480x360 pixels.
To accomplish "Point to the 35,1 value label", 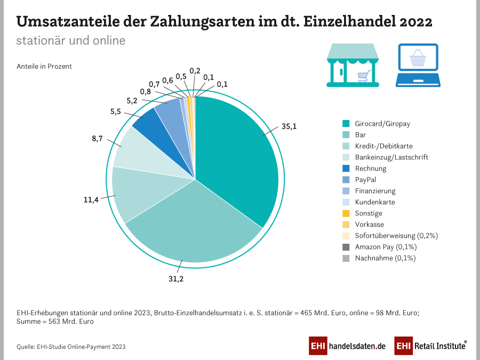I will pos(289,127).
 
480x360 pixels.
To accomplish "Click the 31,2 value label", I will pos(177,278).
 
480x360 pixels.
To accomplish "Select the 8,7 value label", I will pos(97,138).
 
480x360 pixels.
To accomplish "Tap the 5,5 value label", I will pos(116,111).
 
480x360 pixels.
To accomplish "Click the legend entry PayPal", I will pos(365,180).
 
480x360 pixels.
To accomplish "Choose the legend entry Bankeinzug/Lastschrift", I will pos(391,157).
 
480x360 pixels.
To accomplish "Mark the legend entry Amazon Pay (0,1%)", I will pos(385,247).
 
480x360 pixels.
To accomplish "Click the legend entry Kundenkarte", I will pos(375,202).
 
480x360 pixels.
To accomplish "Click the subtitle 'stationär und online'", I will pos(71,41).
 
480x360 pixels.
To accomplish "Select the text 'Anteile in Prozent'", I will pos(44,67).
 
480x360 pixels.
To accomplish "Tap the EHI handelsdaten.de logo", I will pos(347,346).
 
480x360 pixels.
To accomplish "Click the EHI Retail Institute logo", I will pos(430,346).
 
